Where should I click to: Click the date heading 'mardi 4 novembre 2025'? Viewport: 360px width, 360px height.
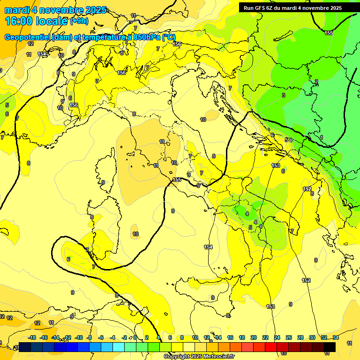(x=55, y=10)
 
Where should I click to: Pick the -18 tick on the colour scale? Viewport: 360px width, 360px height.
(x=32, y=337)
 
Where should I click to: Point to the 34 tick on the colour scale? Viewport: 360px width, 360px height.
(x=336, y=337)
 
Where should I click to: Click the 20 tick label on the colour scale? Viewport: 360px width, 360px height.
(x=254, y=337)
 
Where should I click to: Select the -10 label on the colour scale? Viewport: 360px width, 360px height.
(x=79, y=337)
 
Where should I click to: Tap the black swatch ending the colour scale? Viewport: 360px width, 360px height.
(x=329, y=347)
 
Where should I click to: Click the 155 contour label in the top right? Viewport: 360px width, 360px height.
(x=329, y=32)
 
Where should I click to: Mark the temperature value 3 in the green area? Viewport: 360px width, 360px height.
(x=283, y=95)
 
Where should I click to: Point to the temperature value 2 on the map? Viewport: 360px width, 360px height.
(x=316, y=82)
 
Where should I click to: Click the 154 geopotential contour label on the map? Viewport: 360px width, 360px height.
(x=208, y=247)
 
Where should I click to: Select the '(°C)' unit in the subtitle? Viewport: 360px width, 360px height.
(x=169, y=37)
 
